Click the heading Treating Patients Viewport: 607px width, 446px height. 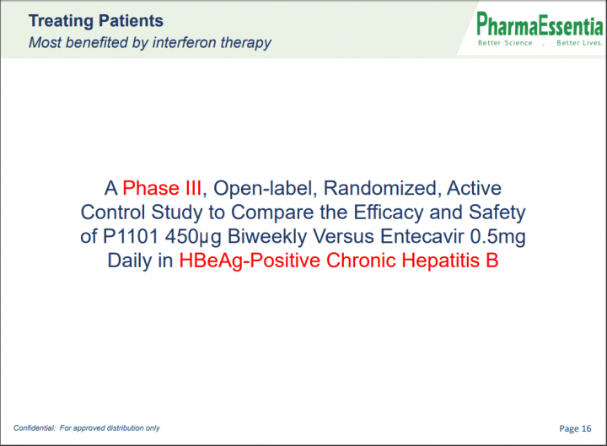click(96, 21)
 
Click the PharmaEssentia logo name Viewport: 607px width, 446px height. click(540, 24)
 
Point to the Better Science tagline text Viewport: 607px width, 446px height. click(505, 43)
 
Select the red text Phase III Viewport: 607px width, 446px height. click(162, 188)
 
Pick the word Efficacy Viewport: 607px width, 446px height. click(389, 213)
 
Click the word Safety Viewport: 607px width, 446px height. click(497, 213)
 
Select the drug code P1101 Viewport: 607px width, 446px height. click(131, 236)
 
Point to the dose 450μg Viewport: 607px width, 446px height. click(193, 237)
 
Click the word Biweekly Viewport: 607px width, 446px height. click(267, 237)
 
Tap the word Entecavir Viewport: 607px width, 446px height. click(422, 236)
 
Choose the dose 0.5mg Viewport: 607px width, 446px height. click(498, 237)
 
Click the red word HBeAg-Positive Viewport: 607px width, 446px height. click(250, 261)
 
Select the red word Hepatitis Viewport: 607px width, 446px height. click(440, 261)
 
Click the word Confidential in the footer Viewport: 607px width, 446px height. click(35, 427)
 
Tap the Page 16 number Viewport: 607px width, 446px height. click(575, 428)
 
